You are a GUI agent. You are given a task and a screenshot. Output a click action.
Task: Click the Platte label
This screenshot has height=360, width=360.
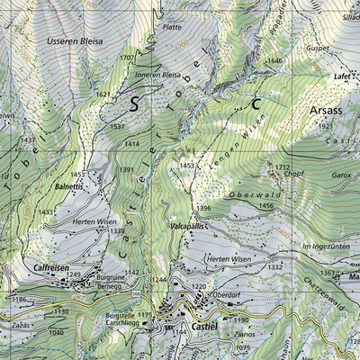tap(172, 28)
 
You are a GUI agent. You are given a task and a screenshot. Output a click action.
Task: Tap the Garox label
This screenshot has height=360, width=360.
tap(341, 177)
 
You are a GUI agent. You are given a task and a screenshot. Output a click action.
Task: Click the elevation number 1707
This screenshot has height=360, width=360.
tap(127, 58)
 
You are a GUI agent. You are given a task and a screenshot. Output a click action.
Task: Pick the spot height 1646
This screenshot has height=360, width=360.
tap(274, 60)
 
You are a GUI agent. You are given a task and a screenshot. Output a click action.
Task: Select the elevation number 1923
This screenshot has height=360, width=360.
tap(325, 128)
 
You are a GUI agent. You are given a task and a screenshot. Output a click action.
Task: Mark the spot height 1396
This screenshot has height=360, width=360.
tap(204, 209)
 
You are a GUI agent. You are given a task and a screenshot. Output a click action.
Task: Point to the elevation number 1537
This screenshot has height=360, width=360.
tap(117, 127)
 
